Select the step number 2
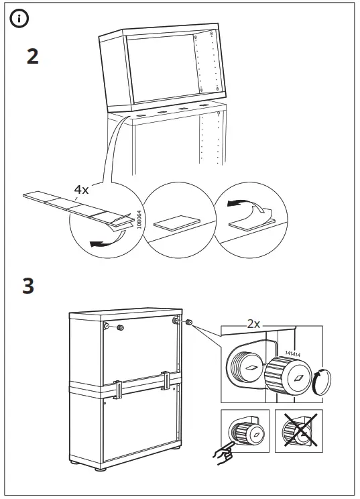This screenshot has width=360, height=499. (x=32, y=56)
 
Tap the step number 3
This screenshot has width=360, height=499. (x=28, y=286)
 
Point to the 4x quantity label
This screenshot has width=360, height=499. (x=81, y=190)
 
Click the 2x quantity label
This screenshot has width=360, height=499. (x=253, y=323)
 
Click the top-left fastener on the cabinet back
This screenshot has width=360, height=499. (x=108, y=327)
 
